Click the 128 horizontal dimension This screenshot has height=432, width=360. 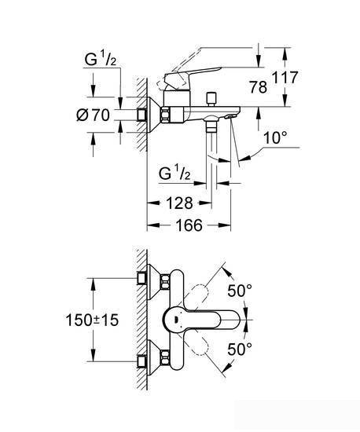181,202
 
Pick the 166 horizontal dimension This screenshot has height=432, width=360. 188,225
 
